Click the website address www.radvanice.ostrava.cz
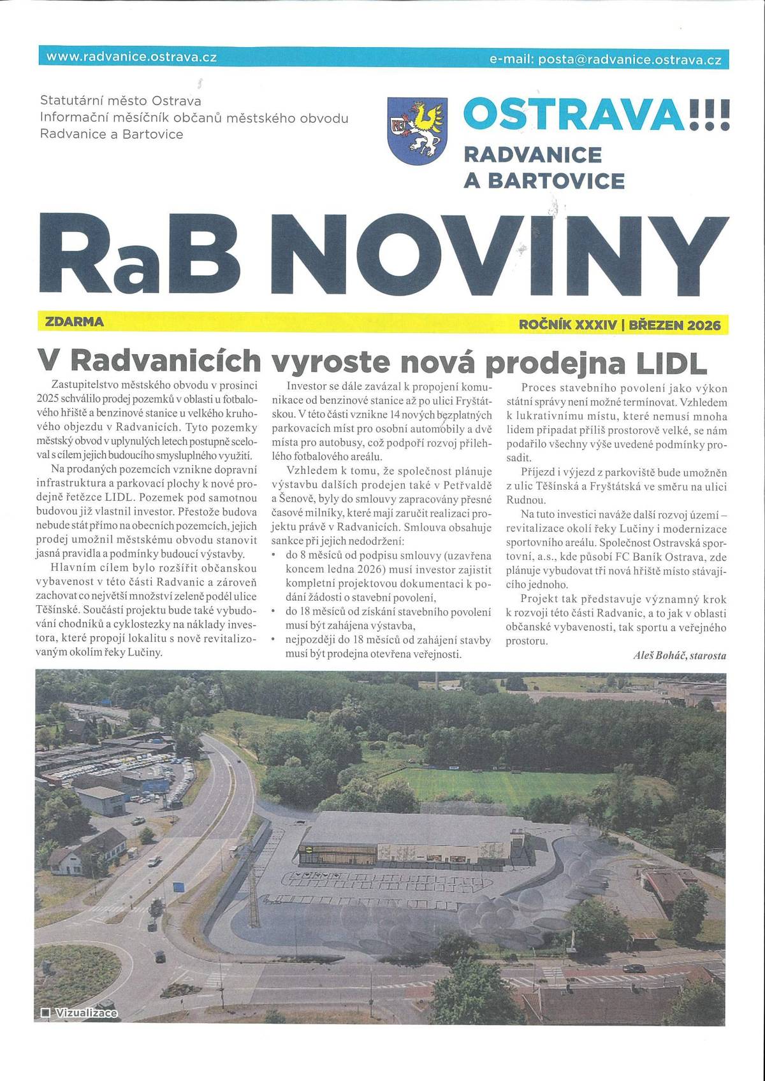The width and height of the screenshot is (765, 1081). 132,57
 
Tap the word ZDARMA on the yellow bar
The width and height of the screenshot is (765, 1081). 75,322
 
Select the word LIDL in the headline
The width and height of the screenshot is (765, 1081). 671,362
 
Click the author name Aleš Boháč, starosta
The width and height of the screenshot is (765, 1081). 680,655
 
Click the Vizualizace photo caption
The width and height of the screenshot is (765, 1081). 86,1012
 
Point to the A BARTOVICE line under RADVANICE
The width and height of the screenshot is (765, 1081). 544,181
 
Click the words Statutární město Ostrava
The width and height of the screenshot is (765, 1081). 120,101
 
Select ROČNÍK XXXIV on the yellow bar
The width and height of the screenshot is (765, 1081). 568,326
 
